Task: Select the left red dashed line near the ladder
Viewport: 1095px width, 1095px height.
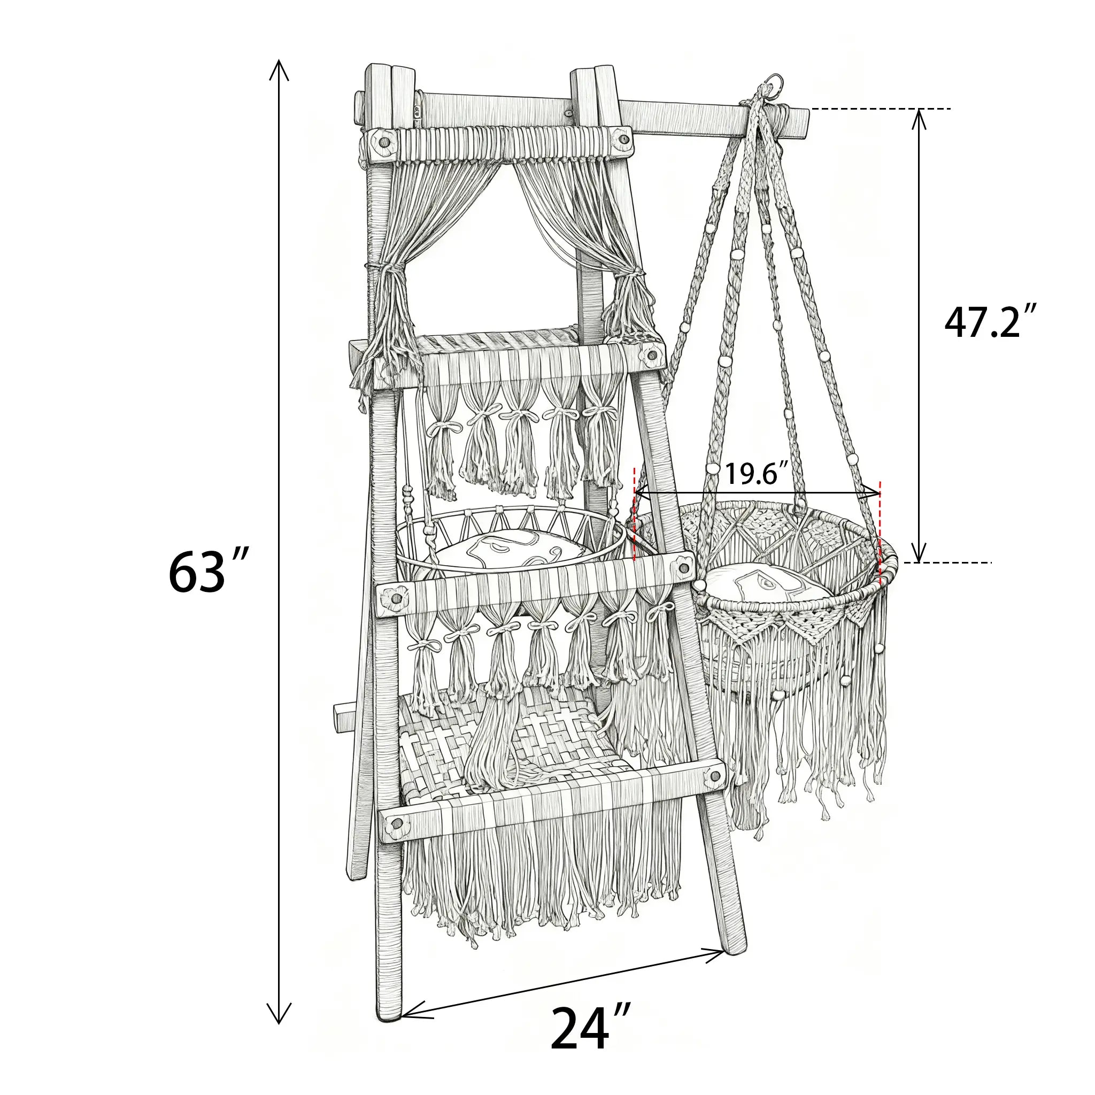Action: click(634, 513)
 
